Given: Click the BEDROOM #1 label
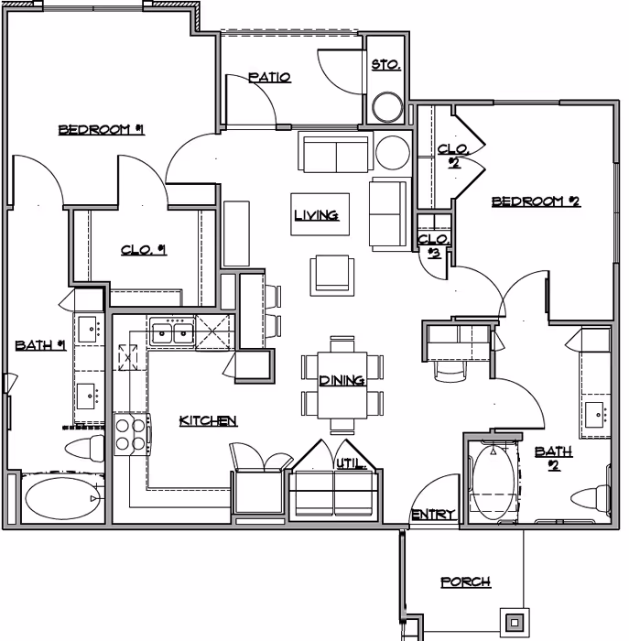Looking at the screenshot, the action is (102, 130).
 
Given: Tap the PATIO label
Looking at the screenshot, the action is (270, 78).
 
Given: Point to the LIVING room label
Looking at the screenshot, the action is (317, 216).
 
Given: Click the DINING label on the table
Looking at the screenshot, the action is (342, 381).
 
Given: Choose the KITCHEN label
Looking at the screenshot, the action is (208, 421).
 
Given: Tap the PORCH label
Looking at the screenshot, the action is (464, 582).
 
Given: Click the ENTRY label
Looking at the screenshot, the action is (432, 516).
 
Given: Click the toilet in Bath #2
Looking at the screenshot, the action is (589, 500).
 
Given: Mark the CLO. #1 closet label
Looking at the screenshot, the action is (143, 249).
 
